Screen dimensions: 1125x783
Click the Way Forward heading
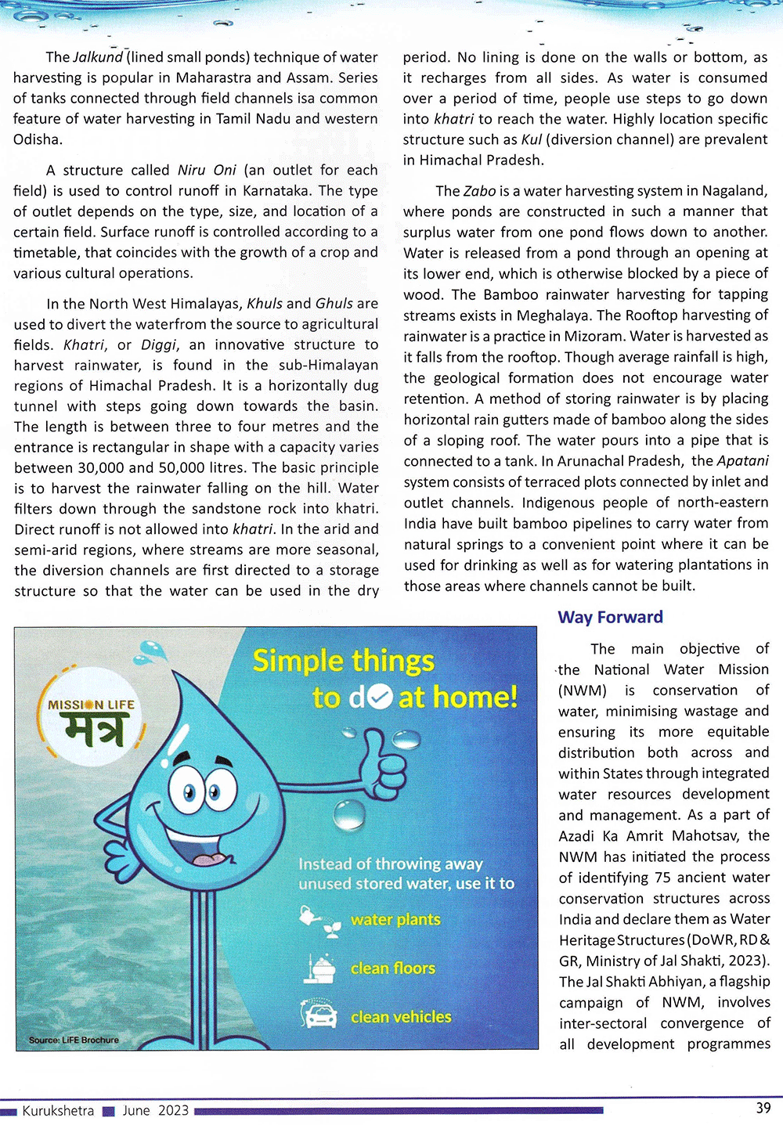click(610, 617)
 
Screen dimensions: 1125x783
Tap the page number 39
click(763, 1108)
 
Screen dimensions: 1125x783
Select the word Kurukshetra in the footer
click(58, 1110)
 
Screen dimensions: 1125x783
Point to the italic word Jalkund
click(98, 57)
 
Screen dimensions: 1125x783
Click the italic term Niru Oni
click(207, 170)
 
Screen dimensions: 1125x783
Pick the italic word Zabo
click(479, 191)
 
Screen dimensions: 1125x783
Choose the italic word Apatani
click(742, 460)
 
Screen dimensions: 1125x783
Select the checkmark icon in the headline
click(380, 697)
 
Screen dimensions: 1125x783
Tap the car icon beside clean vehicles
click(318, 1015)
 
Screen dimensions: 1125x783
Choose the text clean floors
click(393, 968)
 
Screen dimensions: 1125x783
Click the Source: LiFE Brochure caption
click(74, 1040)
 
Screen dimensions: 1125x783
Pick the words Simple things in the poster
click(343, 662)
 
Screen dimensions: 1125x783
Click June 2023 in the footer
click(155, 1110)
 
